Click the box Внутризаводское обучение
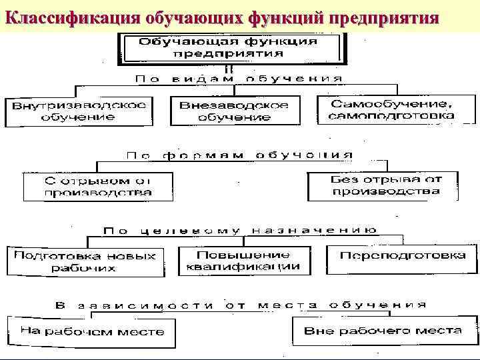coord(77,111)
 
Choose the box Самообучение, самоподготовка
coord(392,109)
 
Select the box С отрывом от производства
coord(98,187)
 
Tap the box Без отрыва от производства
coord(385,185)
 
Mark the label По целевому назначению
coord(240,231)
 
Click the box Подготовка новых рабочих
coord(85,261)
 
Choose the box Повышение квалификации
coord(243,260)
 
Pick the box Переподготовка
coord(402,256)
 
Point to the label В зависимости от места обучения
coord(240,305)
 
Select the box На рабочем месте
coord(91,331)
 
